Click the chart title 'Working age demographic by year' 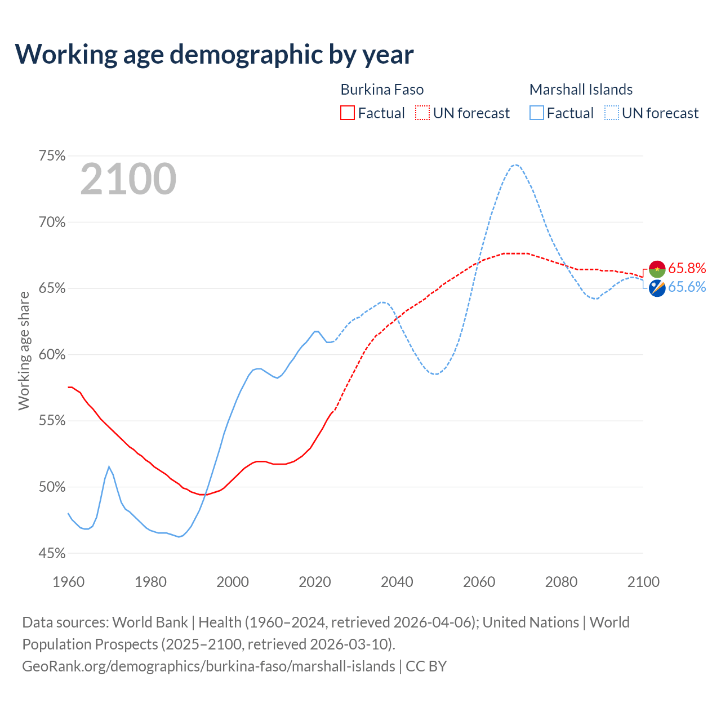215,54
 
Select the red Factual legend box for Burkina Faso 348,113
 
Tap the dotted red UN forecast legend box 422,113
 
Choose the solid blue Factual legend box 537,113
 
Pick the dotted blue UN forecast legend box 612,113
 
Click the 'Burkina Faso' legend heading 382,90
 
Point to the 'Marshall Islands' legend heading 581,90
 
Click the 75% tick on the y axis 52,156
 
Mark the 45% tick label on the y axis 52,554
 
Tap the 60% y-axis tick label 52,355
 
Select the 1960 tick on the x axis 68,582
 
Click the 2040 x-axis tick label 397,582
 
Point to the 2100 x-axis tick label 643,582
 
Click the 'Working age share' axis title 24,351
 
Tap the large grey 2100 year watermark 128,179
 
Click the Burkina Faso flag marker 657,269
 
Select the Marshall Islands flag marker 657,288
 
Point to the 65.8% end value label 687,268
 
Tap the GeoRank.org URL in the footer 208,666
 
